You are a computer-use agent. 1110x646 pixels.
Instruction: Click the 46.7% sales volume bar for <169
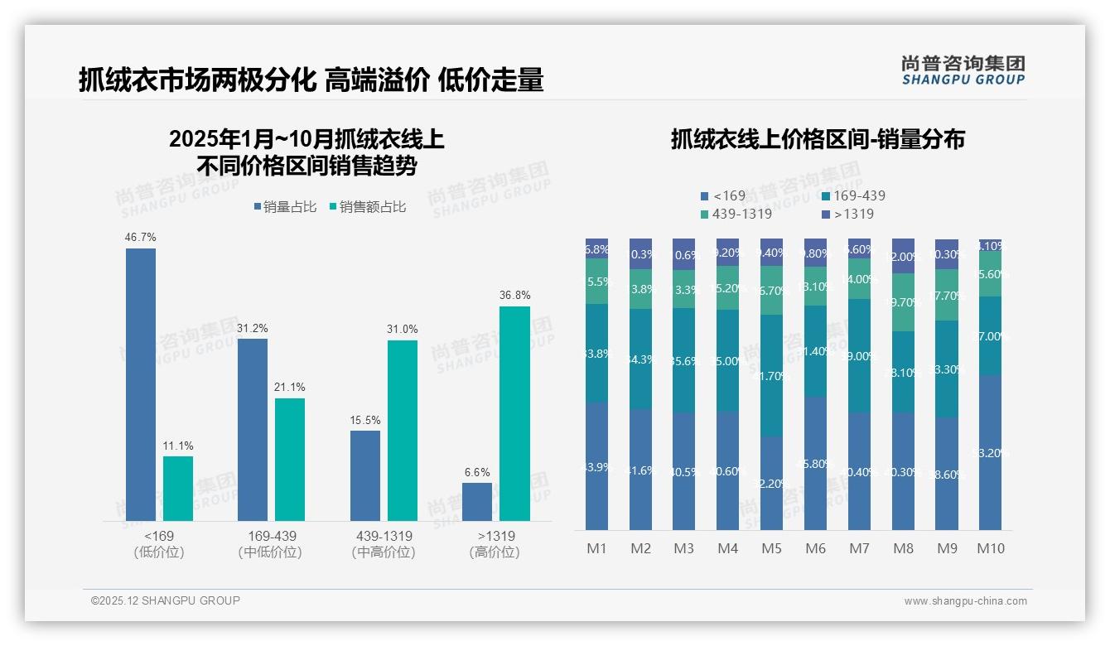141,384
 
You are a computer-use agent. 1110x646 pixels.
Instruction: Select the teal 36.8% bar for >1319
514,413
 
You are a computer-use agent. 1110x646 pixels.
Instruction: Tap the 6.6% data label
477,472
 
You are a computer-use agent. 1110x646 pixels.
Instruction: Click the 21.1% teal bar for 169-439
290,459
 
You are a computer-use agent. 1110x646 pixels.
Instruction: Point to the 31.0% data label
402,329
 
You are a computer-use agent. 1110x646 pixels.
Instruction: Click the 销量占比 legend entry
285,207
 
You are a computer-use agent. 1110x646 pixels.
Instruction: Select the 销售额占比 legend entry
368,207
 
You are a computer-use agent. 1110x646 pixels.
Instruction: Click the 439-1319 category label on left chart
384,536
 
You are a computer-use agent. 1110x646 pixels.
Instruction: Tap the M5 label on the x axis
771,548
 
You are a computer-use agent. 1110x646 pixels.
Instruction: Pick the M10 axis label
991,548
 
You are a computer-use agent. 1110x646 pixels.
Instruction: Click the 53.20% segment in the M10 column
991,452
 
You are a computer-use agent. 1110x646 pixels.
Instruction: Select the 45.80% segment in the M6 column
815,463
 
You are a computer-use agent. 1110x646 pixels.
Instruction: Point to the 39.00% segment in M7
859,356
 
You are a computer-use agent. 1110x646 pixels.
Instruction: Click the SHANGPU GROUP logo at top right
963,70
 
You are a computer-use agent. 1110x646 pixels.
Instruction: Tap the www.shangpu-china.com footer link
965,601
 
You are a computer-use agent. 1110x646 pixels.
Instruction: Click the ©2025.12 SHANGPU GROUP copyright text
166,600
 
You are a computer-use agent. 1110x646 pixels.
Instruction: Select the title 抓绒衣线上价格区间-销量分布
818,140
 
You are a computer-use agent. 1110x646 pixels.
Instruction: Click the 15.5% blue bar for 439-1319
365,475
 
